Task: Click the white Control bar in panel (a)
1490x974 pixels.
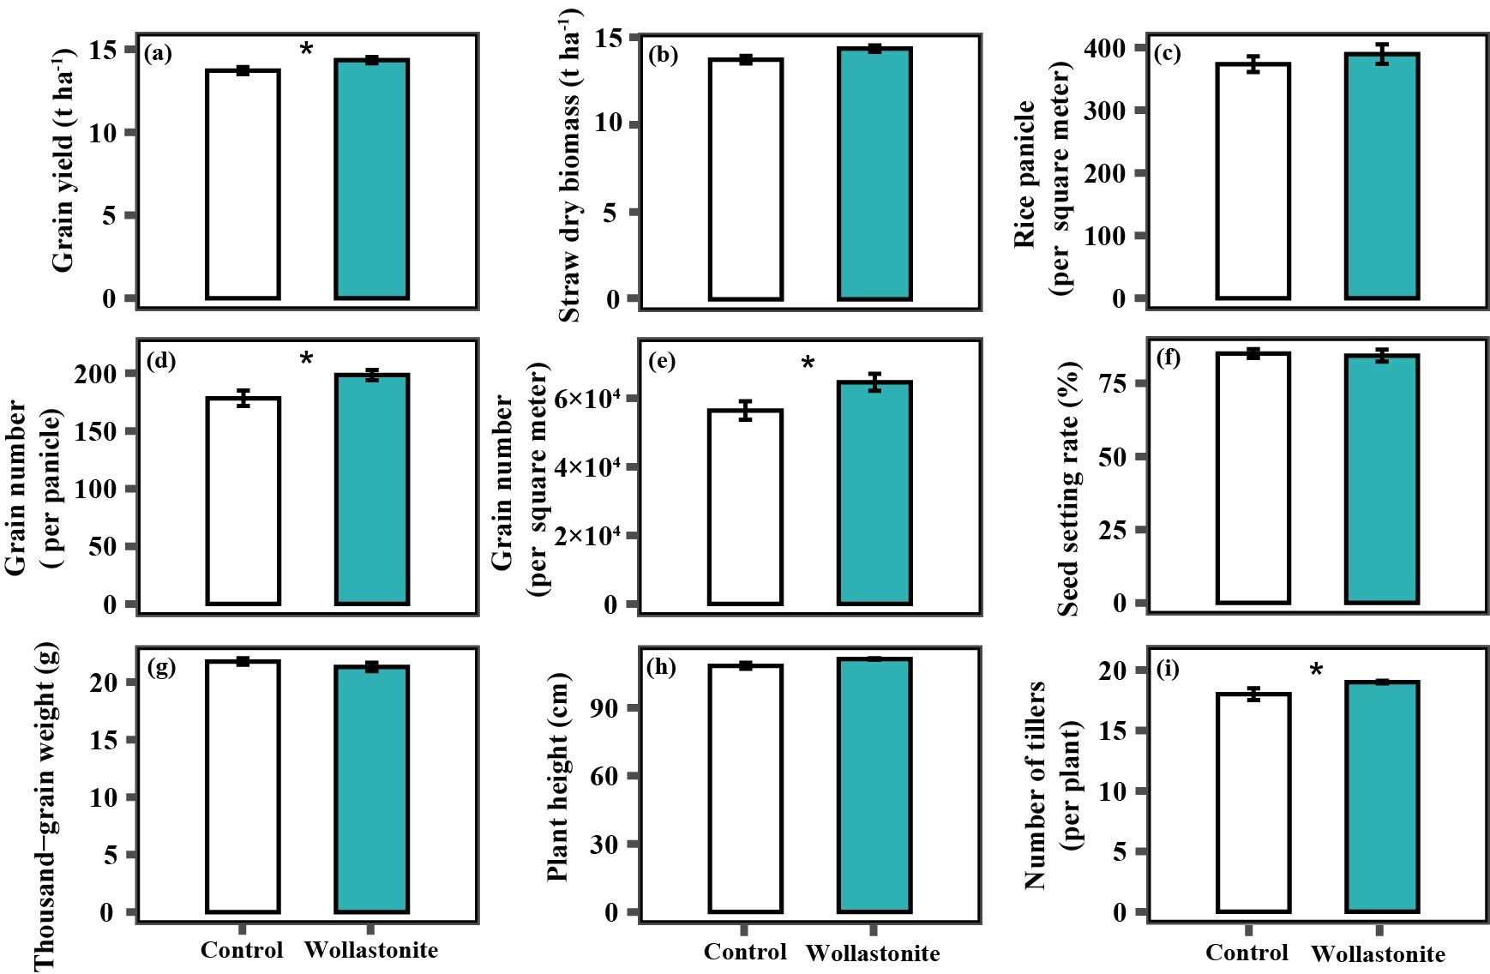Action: pyautogui.click(x=243, y=184)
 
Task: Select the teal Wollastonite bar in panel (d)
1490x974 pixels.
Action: pyautogui.click(x=371, y=489)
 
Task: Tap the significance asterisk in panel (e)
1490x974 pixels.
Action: pyautogui.click(x=808, y=364)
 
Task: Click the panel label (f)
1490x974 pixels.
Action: pyautogui.click(x=1169, y=357)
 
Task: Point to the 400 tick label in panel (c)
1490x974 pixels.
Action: pyautogui.click(x=1104, y=48)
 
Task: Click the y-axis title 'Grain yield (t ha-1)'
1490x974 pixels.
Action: pyautogui.click(x=63, y=161)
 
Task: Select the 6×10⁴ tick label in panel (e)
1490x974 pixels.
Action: pyautogui.click(x=586, y=400)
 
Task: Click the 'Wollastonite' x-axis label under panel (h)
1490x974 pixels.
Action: pyautogui.click(x=873, y=953)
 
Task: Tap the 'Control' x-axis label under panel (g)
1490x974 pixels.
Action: pyautogui.click(x=242, y=950)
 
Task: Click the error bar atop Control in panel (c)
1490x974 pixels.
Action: pyautogui.click(x=1253, y=64)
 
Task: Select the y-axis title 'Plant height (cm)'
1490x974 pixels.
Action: pyautogui.click(x=557, y=777)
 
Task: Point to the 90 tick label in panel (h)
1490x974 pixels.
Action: pyautogui.click(x=605, y=707)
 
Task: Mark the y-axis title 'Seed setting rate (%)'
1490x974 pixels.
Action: pyautogui.click(x=1068, y=489)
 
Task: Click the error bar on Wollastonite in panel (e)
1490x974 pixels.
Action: pyautogui.click(x=874, y=382)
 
